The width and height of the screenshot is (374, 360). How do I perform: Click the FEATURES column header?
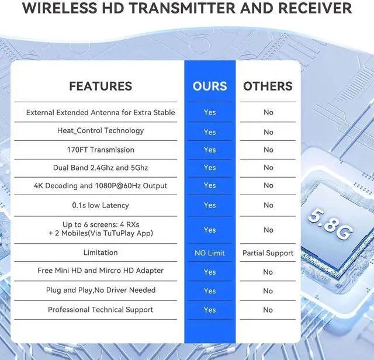(101, 86)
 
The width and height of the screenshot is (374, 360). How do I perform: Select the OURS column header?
(210, 86)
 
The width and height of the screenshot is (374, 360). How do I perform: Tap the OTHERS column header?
(268, 86)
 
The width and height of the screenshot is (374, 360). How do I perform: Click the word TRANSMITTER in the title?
(183, 8)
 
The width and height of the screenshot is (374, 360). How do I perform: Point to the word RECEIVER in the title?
(315, 8)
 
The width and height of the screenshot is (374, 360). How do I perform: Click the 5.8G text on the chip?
(330, 224)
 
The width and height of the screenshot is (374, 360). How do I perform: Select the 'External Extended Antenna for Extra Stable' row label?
(101, 112)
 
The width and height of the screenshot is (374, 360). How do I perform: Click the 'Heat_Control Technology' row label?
(101, 131)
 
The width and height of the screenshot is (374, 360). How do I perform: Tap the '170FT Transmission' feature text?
(101, 150)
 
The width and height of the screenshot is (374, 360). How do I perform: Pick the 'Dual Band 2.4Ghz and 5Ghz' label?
(101, 168)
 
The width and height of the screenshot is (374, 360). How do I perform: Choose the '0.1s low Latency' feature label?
(101, 205)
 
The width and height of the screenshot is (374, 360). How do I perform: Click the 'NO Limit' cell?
(210, 253)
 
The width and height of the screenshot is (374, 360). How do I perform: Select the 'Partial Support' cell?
(268, 253)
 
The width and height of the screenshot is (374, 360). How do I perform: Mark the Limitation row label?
(101, 252)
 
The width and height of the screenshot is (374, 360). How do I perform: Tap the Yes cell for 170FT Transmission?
(210, 150)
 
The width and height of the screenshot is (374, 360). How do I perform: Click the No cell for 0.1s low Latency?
(268, 205)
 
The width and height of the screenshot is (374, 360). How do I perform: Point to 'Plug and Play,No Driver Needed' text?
(101, 290)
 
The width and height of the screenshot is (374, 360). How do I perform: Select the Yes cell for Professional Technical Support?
(210, 310)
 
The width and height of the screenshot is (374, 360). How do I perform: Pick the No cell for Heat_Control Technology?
(268, 132)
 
